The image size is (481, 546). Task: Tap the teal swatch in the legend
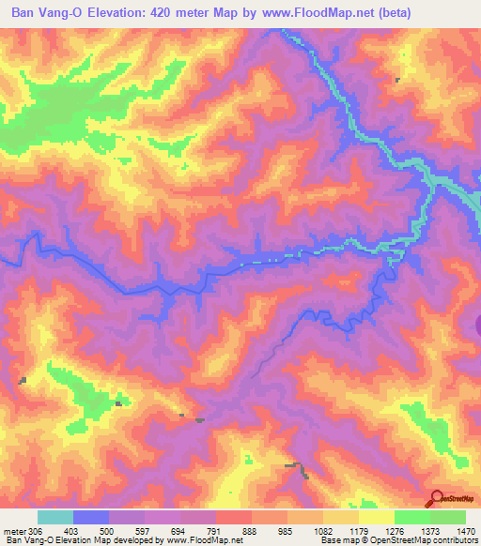click(55, 517)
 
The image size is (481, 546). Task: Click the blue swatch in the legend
click(91, 517)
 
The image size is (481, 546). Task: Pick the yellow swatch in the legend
click(376, 517)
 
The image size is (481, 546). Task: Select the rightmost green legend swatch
click(448, 517)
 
